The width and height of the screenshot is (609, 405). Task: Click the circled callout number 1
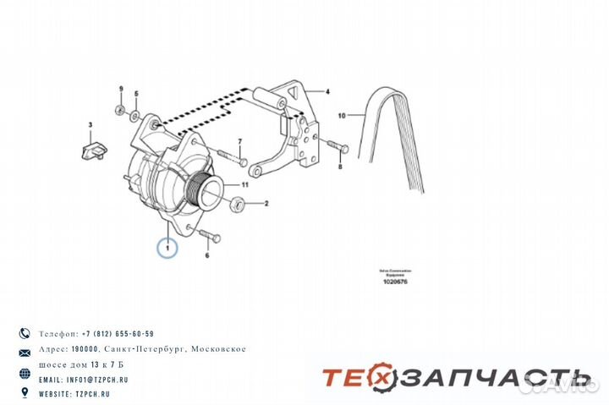pyautogui.click(x=168, y=248)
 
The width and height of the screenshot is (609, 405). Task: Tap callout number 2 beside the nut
pyautogui.click(x=266, y=203)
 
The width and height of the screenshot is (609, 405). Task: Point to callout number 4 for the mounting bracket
pyautogui.click(x=327, y=90)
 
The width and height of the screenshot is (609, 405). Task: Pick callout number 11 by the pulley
pyautogui.click(x=245, y=184)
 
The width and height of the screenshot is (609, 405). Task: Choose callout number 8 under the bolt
pyautogui.click(x=340, y=167)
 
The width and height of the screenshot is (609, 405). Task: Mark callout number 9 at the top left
pyautogui.click(x=121, y=89)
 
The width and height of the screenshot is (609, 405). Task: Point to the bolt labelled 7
pyautogui.click(x=231, y=156)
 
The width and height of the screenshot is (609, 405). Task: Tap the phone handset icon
pyautogui.click(x=24, y=334)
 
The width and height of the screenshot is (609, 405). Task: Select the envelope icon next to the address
pyautogui.click(x=24, y=350)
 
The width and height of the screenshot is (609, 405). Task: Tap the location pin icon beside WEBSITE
pyautogui.click(x=24, y=394)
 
